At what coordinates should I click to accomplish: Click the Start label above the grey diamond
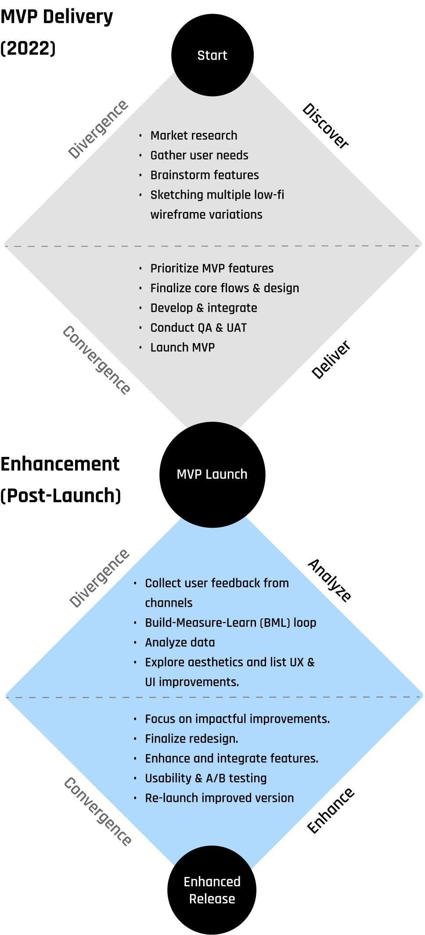point(212,55)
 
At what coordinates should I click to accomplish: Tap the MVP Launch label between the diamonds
point(212,474)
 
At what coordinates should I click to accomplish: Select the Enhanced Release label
point(212,890)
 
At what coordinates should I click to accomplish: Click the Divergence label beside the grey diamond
point(98,129)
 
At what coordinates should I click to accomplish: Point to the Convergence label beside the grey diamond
point(97,360)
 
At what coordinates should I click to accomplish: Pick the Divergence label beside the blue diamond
point(100,578)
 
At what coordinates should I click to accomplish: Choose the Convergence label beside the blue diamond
point(98,811)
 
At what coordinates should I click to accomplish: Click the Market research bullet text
point(194,135)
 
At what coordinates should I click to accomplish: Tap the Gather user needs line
point(199,155)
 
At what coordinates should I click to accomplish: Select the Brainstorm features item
point(205,175)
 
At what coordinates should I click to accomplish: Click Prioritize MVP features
point(212,268)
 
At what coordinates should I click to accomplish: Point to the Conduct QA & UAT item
point(198,327)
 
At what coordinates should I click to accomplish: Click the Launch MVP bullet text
point(183,347)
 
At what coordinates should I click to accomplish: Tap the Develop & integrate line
point(204,308)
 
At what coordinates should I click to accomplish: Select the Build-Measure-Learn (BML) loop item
point(231,623)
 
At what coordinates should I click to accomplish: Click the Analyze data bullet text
point(180,642)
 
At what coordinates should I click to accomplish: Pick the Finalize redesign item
point(191,739)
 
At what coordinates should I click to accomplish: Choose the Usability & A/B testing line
point(206,778)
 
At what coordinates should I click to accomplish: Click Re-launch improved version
point(220,798)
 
